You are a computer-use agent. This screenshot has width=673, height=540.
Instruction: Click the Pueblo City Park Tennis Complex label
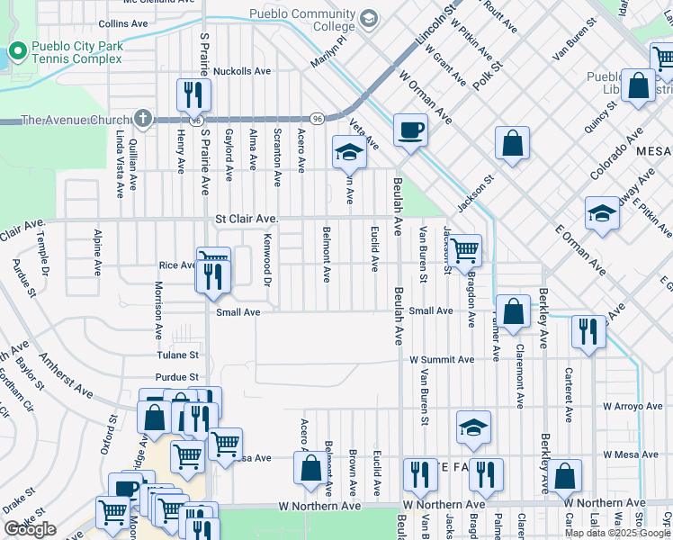tap(76, 52)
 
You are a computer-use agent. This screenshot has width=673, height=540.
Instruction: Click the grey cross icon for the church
tap(142, 119)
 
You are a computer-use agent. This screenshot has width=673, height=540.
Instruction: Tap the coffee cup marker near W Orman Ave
tap(409, 130)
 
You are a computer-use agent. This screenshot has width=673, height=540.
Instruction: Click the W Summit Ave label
tap(442, 359)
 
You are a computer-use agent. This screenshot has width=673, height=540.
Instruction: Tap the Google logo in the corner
tap(30, 530)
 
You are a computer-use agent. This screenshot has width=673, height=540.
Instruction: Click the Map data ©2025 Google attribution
tap(618, 533)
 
